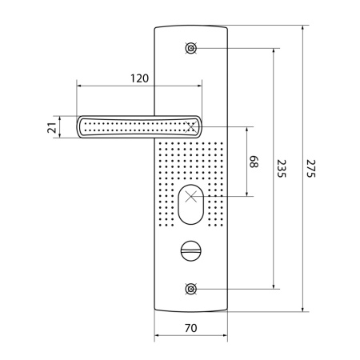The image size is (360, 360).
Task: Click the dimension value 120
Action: tap(139, 78)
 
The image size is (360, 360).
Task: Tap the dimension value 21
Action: tap(52, 127)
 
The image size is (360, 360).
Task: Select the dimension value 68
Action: tap(254, 162)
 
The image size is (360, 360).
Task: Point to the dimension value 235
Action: tap(281, 169)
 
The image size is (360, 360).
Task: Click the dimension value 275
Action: tap(310, 169)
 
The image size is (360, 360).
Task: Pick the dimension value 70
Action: tap(191, 328)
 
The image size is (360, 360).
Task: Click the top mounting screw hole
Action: tap(191, 49)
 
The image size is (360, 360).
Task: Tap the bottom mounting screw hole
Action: tap(191, 289)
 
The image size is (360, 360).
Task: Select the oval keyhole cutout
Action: tap(190, 205)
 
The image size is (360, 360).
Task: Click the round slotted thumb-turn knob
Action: tap(191, 250)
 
